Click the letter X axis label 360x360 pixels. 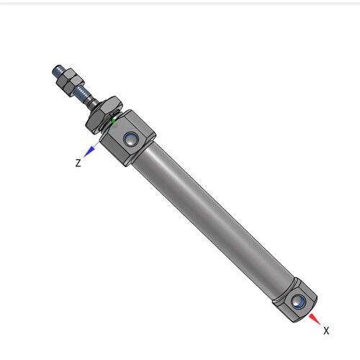coord(326,330)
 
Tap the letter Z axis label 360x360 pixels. coord(78,163)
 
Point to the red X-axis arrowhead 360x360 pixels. coord(315,319)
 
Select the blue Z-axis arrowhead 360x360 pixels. coord(89,152)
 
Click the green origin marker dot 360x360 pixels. coord(113,121)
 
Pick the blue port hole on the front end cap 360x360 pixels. coord(131,139)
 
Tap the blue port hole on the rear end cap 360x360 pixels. coord(298,302)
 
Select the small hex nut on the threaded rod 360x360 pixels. coord(70,82)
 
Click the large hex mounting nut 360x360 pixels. coord(104,114)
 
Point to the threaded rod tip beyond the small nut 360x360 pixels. coord(57,71)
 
